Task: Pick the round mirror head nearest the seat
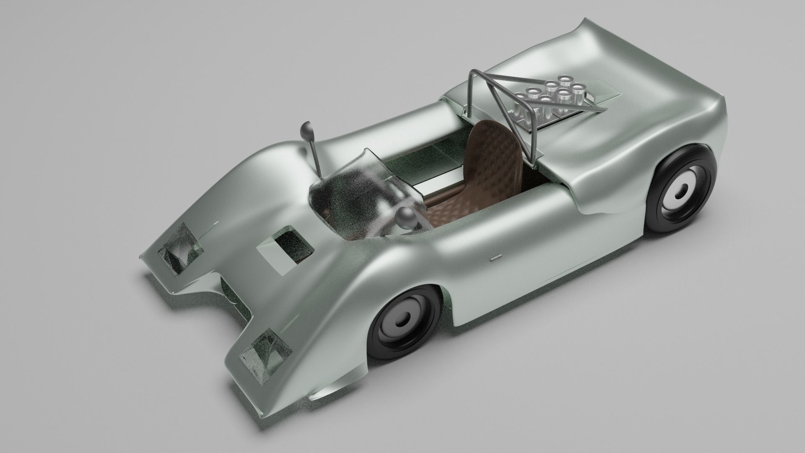tap(405, 217)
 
